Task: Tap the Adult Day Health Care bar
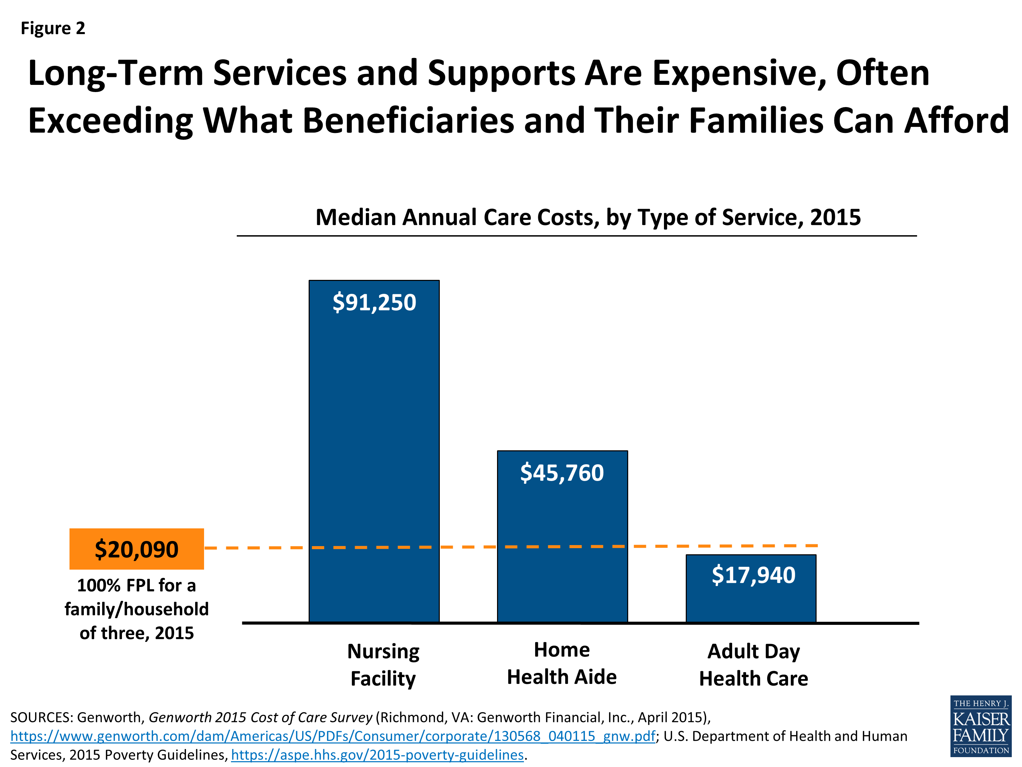click(751, 601)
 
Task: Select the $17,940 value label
click(753, 575)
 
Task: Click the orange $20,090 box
click(136, 549)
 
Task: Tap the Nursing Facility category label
click(383, 665)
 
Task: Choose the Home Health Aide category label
click(562, 663)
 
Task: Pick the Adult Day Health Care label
click(753, 665)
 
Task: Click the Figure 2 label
click(53, 28)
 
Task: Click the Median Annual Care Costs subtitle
click(588, 217)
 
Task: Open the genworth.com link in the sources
click(332, 736)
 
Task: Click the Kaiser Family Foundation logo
click(980, 727)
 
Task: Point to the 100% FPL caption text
click(136, 609)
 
